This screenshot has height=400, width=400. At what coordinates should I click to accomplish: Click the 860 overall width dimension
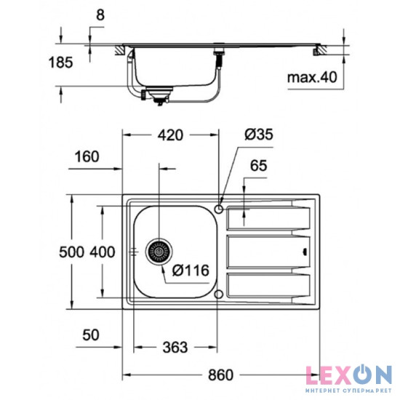(x=220, y=375)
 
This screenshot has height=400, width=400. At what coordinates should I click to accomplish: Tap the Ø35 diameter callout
(x=258, y=134)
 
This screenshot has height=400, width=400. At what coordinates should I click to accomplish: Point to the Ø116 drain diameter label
(x=192, y=271)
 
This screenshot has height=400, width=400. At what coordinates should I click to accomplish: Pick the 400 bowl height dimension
(x=102, y=253)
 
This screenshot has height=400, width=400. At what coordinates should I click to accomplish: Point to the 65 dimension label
(x=259, y=167)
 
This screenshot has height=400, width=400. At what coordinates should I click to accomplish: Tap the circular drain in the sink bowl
(x=159, y=252)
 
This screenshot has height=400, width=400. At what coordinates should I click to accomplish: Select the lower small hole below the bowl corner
(x=220, y=294)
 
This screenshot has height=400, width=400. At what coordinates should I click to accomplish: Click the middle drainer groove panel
(x=269, y=252)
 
